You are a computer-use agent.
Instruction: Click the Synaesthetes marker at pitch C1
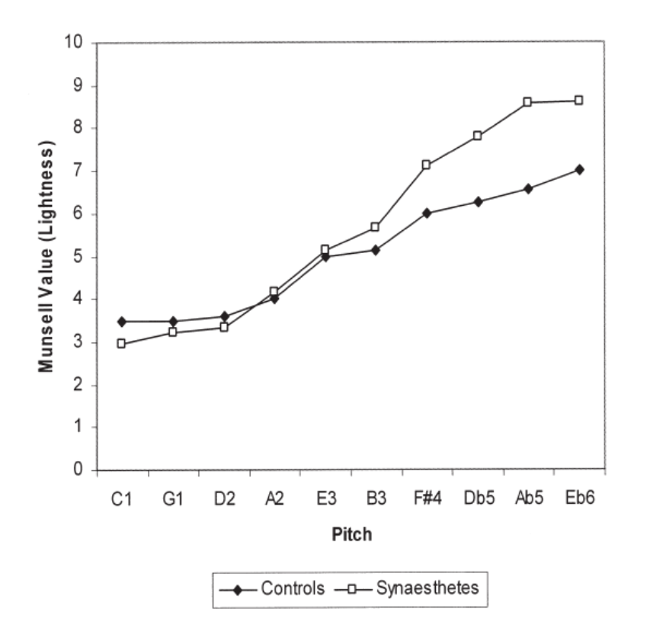(x=121, y=344)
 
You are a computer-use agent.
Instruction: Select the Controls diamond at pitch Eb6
(x=579, y=169)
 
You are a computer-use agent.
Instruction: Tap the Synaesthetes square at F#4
(x=426, y=165)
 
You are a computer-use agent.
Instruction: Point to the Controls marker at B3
(x=375, y=250)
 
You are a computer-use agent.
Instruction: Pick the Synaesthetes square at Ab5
(x=527, y=102)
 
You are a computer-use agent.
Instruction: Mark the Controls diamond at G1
(x=173, y=322)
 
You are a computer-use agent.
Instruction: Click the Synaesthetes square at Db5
(x=477, y=136)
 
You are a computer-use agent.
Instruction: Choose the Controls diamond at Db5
(x=477, y=202)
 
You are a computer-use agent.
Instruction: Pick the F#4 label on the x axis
(x=426, y=498)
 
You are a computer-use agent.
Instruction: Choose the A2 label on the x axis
(x=274, y=498)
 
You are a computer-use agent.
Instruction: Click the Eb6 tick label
(x=579, y=498)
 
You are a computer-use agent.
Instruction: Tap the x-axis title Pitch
(x=351, y=534)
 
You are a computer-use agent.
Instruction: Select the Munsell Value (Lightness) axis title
(x=47, y=256)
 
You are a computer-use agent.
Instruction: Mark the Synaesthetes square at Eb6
(x=579, y=100)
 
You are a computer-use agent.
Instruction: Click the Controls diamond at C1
(x=121, y=322)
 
